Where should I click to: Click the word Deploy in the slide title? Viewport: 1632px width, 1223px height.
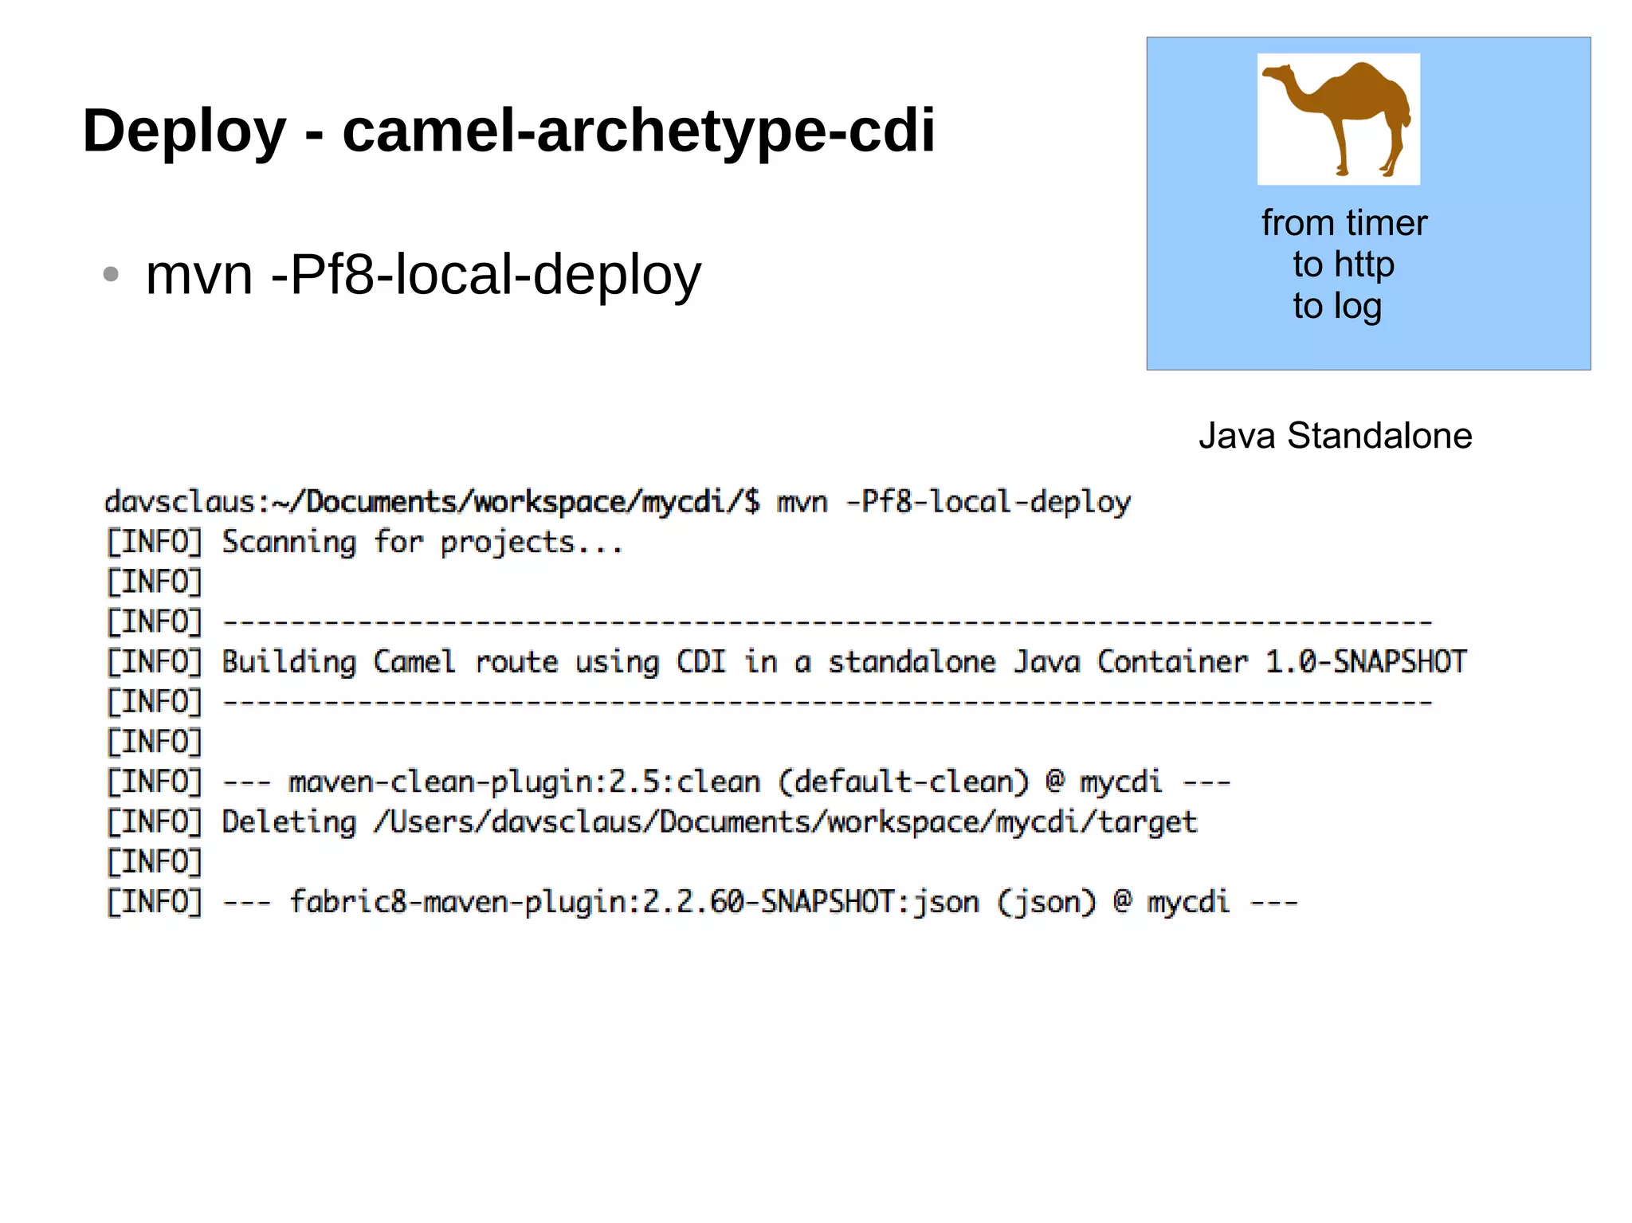184,131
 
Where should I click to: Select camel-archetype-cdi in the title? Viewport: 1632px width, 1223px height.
638,131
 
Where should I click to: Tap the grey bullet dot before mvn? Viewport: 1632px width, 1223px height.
111,275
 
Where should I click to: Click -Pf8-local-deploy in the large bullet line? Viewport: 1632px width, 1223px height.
486,275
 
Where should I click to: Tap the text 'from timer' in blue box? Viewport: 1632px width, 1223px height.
1344,223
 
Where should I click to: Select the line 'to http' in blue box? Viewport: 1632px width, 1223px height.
1344,265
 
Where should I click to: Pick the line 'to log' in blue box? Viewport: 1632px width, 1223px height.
1337,307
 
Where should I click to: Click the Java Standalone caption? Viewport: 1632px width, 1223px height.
1335,437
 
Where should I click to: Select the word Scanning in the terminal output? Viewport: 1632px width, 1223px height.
288,543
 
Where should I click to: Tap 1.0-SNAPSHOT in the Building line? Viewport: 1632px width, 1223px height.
1366,662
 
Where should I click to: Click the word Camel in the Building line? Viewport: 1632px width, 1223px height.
414,662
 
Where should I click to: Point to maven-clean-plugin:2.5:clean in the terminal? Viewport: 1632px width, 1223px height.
524,782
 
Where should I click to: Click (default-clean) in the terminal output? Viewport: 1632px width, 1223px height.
904,782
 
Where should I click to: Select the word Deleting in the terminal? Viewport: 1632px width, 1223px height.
288,822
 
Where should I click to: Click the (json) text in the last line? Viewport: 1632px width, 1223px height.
1046,903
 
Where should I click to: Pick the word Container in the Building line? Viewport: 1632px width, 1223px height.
1172,662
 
